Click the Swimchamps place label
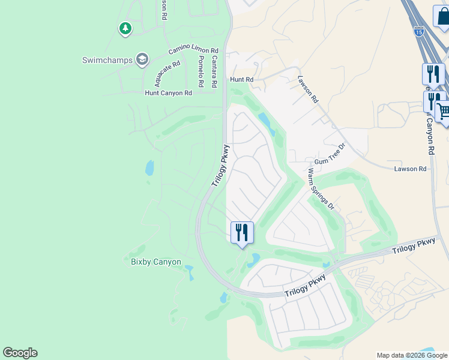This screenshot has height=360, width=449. [108, 59]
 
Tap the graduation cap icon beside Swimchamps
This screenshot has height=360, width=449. [142, 59]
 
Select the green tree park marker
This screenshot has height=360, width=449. [125, 28]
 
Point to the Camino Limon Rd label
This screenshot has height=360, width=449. [193, 52]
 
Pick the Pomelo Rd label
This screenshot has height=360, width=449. [201, 71]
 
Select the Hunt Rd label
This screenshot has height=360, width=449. [241, 79]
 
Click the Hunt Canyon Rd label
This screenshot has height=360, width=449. [168, 93]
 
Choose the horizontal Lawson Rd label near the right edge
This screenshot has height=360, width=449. [410, 169]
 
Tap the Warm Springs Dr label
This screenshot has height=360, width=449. [321, 188]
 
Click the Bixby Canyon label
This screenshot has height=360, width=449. [156, 262]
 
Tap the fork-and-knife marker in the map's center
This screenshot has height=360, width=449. [242, 232]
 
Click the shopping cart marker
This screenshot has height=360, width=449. [444, 111]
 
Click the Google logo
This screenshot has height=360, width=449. [20, 353]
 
